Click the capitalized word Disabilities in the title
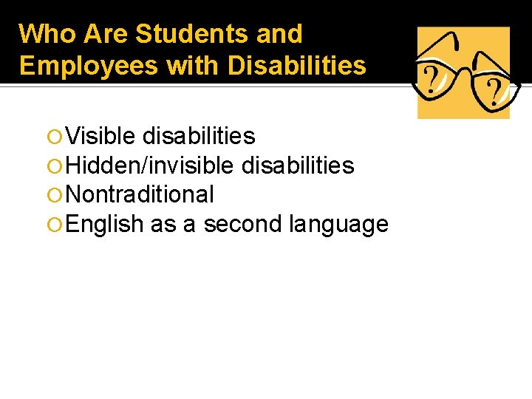pyautogui.click(x=297, y=66)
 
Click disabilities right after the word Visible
pyautogui.click(x=199, y=136)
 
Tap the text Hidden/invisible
pyautogui.click(x=149, y=166)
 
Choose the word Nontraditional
pyautogui.click(x=140, y=194)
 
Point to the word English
pyautogui.click(x=104, y=223)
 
